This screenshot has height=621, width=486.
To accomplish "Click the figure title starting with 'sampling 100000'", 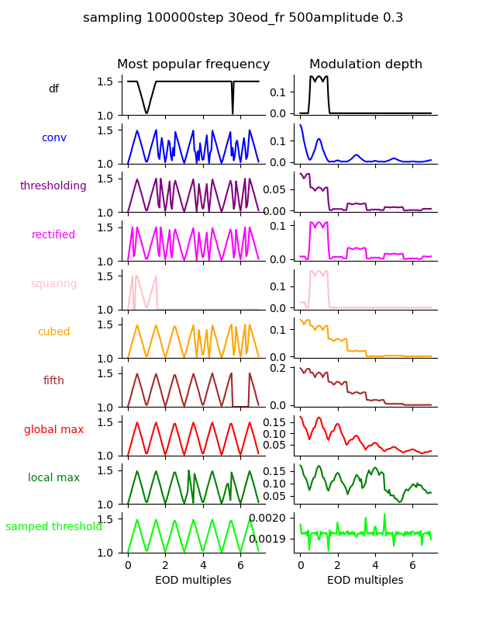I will pyautogui.click(x=243, y=18).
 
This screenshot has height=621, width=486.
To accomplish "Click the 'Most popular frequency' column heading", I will pyautogui.click(x=193, y=64).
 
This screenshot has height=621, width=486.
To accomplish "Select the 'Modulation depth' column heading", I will pyautogui.click(x=365, y=64).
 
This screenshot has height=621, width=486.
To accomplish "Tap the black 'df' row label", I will pyautogui.click(x=53, y=89).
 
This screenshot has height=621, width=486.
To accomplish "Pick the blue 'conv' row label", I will pyautogui.click(x=53, y=138).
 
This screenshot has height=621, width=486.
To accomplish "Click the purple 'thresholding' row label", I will pyautogui.click(x=53, y=186).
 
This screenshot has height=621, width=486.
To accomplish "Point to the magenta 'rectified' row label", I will pyautogui.click(x=53, y=235).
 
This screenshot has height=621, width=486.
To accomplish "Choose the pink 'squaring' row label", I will pyautogui.click(x=53, y=284).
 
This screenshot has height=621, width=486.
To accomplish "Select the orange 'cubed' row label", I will pyautogui.click(x=53, y=332).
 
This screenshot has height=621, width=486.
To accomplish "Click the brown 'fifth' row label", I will pyautogui.click(x=53, y=381).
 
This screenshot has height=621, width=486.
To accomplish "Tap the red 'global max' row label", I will pyautogui.click(x=53, y=429).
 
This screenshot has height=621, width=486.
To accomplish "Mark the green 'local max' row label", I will pyautogui.click(x=53, y=478).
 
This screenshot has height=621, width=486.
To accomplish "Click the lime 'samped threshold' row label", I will pyautogui.click(x=53, y=527).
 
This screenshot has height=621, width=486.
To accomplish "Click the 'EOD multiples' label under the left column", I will pyautogui.click(x=193, y=581).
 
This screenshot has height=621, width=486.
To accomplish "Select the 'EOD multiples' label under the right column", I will pyautogui.click(x=365, y=581).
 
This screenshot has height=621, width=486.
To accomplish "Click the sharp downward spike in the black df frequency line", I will pyautogui.click(x=233, y=113).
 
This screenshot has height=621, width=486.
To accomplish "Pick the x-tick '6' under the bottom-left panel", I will pyautogui.click(x=240, y=566).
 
